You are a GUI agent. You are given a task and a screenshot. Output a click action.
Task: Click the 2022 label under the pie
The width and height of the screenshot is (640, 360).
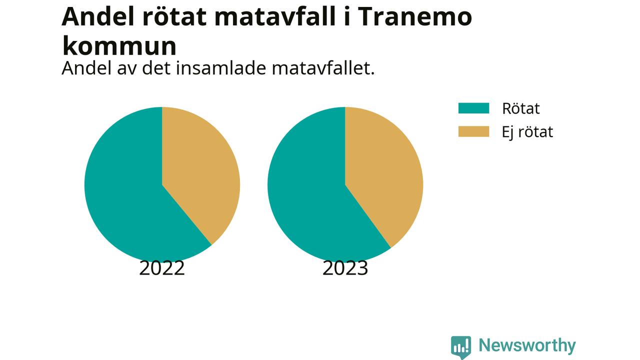[162, 268]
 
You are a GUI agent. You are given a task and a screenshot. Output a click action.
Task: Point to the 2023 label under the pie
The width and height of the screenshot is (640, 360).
[345, 268]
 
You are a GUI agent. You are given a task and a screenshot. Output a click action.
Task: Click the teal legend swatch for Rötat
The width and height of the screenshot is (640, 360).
[473, 108]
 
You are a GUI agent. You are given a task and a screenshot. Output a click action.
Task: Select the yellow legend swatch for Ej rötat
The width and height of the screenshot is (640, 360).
[473, 131]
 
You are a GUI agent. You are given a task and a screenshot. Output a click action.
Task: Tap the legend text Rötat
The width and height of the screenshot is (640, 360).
[521, 108]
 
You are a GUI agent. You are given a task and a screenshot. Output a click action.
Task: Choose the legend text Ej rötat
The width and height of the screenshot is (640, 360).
[527, 132]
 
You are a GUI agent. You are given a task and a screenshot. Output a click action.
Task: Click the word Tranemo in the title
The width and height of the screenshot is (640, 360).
[414, 16]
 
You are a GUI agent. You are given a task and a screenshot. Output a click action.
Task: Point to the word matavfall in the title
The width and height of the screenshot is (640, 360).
[274, 16]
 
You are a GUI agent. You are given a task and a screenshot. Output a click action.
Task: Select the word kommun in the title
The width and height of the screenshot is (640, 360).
[119, 45]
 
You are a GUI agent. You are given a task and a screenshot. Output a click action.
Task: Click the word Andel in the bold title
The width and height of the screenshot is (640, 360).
[97, 16]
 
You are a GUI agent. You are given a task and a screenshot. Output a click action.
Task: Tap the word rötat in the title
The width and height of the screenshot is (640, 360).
[174, 16]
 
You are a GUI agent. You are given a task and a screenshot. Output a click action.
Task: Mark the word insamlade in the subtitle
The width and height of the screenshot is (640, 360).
[221, 68]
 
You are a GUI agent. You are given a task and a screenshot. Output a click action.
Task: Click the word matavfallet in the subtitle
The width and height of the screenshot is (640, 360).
[323, 68]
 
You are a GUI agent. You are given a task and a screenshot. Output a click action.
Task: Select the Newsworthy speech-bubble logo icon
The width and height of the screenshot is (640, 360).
[461, 347]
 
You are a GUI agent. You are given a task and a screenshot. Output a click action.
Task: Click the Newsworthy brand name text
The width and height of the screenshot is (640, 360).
[527, 345]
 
